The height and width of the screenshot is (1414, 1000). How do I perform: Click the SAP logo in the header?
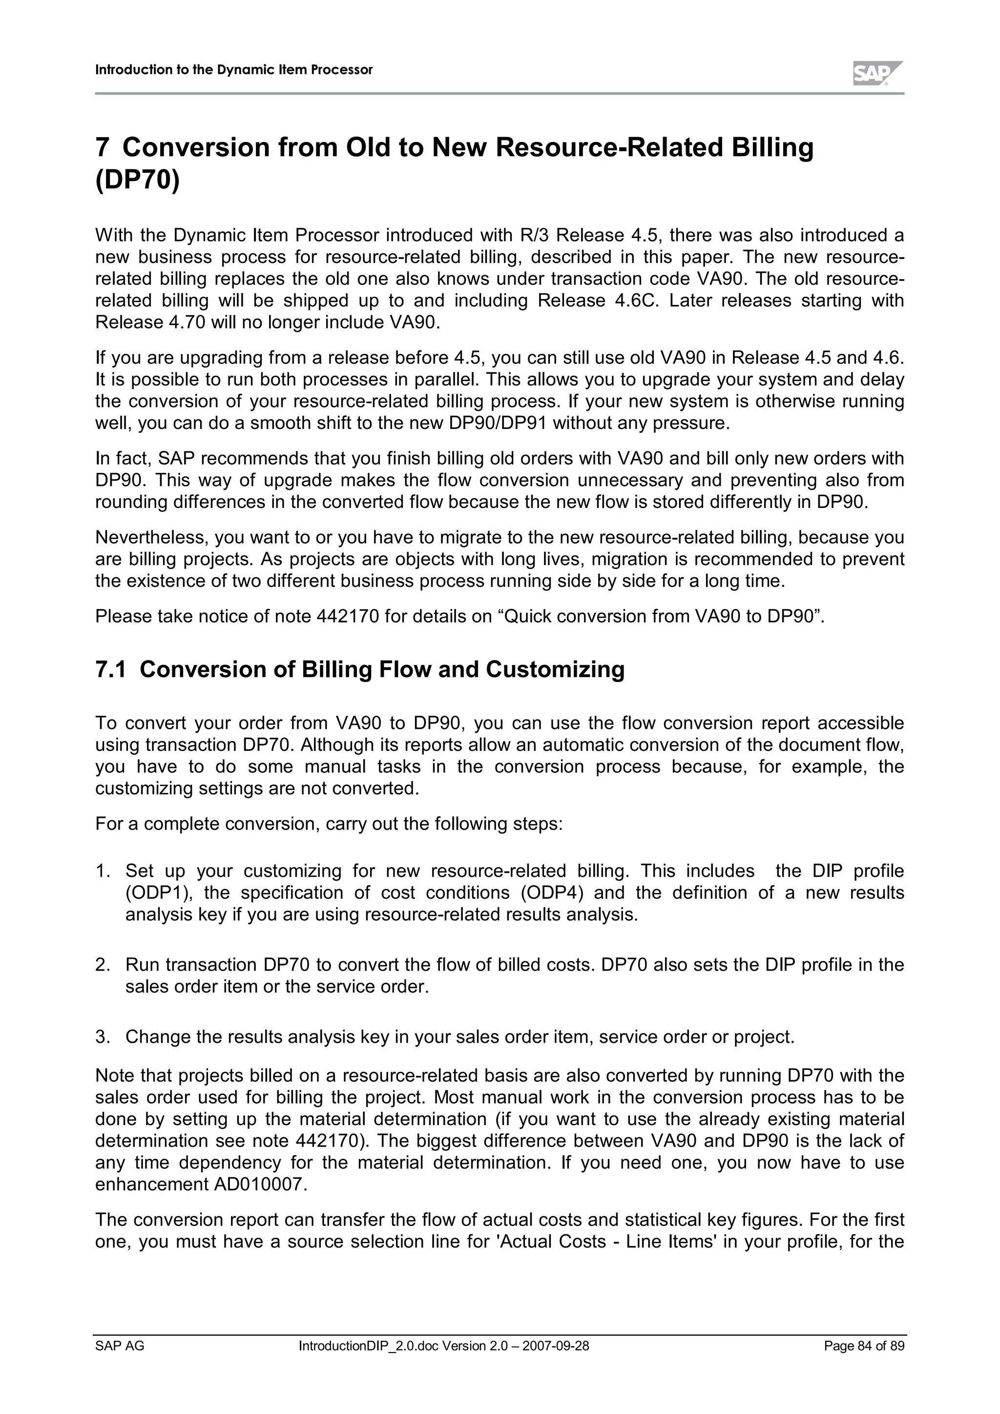(877, 74)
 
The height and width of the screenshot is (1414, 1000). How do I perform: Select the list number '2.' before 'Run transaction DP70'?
(102, 965)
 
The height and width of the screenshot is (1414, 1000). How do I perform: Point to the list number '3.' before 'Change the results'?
(102, 1038)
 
